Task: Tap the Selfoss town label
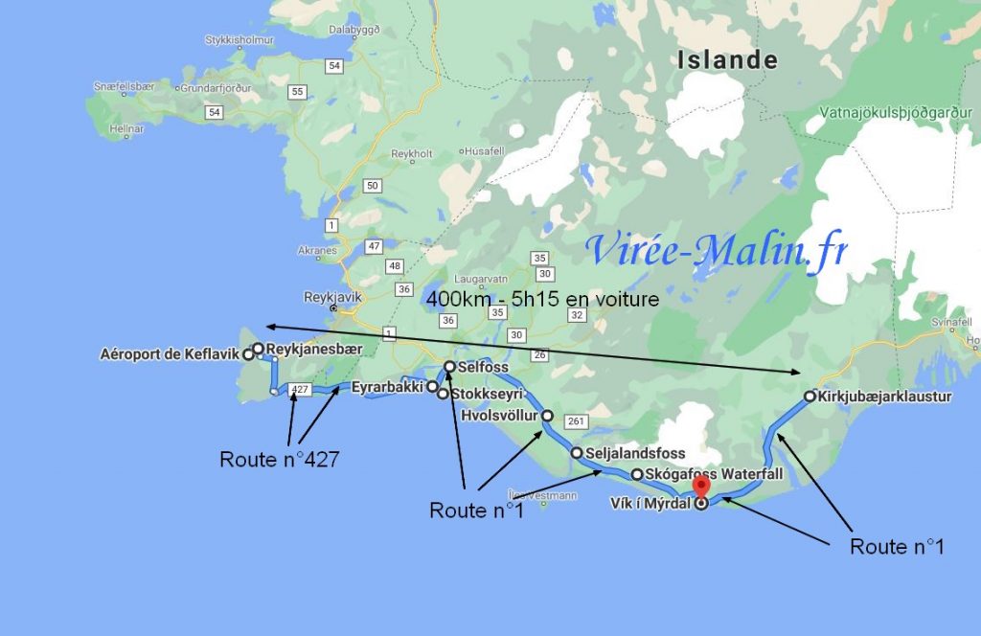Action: point(483,367)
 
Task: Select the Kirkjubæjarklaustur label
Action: point(885,396)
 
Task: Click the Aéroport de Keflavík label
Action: point(170,354)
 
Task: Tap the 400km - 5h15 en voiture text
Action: point(543,299)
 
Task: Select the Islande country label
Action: point(727,59)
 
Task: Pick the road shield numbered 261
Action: point(575,421)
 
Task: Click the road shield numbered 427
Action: point(300,390)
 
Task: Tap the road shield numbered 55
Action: point(298,92)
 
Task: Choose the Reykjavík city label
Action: point(332,297)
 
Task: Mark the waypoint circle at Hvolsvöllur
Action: point(547,416)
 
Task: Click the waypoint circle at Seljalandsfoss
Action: point(577,453)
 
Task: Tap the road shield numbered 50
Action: point(373,185)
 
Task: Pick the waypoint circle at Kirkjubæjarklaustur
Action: point(810,396)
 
